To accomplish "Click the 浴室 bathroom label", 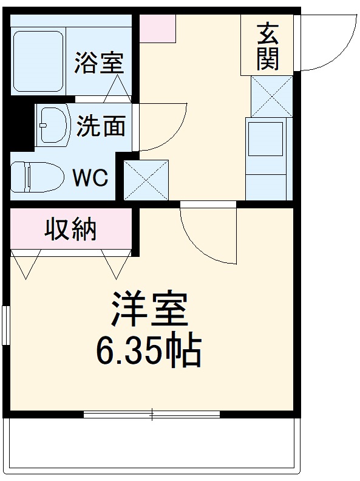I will click(99, 63).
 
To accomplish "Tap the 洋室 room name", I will click(149, 311).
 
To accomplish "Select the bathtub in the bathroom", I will click(38, 60).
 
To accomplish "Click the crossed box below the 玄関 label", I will click(271, 97).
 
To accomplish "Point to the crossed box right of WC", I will click(146, 180).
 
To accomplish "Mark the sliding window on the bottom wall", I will click(152, 415).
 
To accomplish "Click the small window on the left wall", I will click(5, 326).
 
